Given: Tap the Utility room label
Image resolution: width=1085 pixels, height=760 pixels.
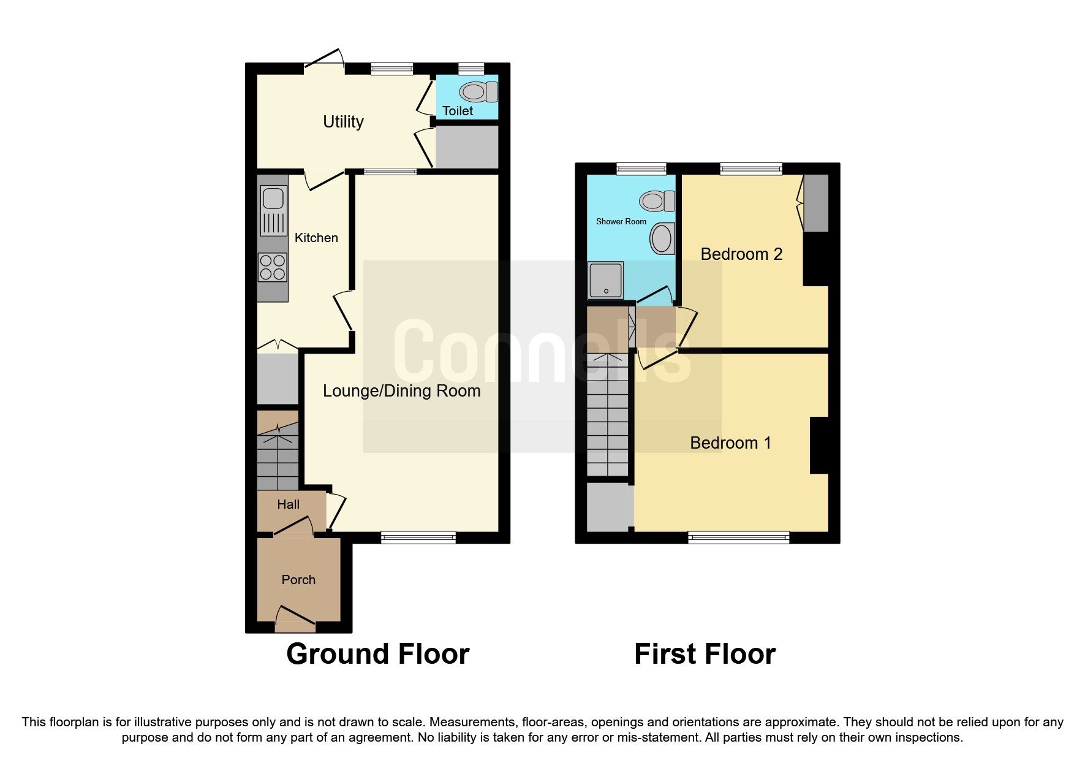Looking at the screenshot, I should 343,121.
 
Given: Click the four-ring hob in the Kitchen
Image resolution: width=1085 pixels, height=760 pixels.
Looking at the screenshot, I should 273,267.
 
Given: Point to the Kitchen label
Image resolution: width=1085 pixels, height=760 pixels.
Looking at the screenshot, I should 316,238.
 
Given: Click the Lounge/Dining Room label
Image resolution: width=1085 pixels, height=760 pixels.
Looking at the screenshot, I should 401,391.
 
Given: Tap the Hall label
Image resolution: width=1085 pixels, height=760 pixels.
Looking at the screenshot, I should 288,504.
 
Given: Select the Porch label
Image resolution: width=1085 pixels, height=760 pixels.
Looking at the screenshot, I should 298,580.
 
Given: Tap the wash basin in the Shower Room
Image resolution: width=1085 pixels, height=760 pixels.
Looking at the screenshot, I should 662,239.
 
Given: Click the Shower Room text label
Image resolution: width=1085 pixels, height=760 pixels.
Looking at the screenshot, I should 621,221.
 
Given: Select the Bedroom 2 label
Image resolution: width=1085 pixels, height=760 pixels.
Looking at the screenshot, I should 741,254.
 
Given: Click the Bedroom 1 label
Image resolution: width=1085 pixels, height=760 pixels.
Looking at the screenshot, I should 730,443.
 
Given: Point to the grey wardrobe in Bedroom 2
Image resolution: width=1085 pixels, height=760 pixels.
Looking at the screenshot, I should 816,203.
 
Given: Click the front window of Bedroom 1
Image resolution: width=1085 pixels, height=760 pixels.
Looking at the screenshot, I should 738,538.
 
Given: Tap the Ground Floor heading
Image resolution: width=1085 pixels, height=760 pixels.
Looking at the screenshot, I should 377,654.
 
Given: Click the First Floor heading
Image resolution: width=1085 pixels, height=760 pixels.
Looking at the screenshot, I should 705,654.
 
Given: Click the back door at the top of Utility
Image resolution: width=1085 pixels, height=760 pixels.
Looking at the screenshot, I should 325,61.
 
